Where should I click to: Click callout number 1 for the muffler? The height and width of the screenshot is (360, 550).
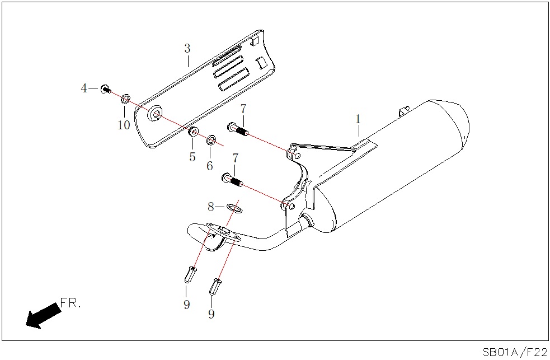pyautogui.click(x=358, y=119)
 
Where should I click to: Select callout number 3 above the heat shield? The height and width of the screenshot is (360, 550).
pyautogui.click(x=187, y=48)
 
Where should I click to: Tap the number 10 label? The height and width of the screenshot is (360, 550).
pyautogui.click(x=124, y=125)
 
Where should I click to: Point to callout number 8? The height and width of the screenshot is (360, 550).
pyautogui.click(x=211, y=207)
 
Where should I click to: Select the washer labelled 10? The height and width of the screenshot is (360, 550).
pyautogui.click(x=125, y=99)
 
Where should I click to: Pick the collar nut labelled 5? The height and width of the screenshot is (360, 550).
pyautogui.click(x=192, y=132)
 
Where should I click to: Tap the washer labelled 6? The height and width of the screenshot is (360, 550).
pyautogui.click(x=211, y=139)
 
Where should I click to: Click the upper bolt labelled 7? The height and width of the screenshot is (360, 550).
pyautogui.click(x=237, y=129)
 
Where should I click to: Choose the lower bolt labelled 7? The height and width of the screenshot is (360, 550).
pyautogui.click(x=231, y=180)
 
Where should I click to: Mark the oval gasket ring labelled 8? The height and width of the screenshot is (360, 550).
pyautogui.click(x=236, y=209)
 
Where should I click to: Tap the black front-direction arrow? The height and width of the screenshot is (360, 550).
pyautogui.click(x=41, y=315)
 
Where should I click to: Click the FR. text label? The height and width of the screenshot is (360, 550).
pyautogui.click(x=70, y=304)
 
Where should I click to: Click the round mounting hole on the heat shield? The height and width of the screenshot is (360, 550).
pyautogui.click(x=154, y=116)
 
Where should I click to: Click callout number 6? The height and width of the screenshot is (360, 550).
pyautogui.click(x=210, y=166)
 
